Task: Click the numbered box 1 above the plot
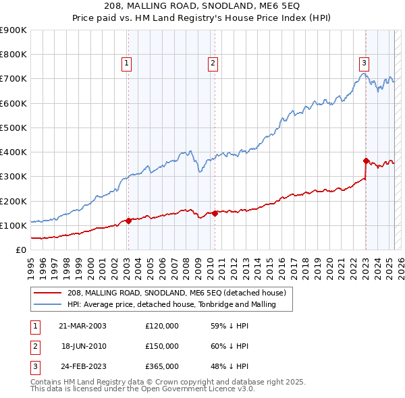(x=127, y=63)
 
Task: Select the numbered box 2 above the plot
(x=213, y=63)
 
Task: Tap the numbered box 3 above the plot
(x=364, y=63)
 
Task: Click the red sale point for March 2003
(x=128, y=221)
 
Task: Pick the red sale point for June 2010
(x=215, y=213)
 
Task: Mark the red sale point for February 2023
(x=366, y=161)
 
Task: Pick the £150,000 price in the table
(x=162, y=346)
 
